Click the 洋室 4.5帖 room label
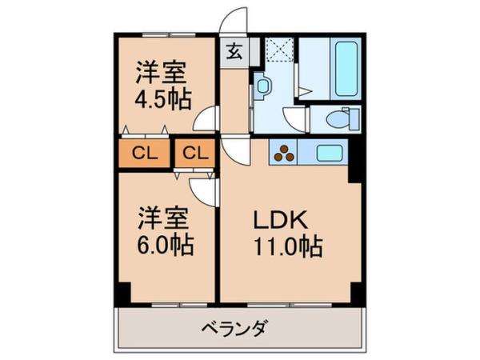[x=162, y=86]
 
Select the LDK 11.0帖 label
[x=288, y=233]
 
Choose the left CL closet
[x=145, y=153]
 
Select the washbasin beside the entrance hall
[x=262, y=87]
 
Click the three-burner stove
[x=284, y=151]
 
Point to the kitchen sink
[x=329, y=152]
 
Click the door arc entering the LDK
[x=238, y=149]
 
